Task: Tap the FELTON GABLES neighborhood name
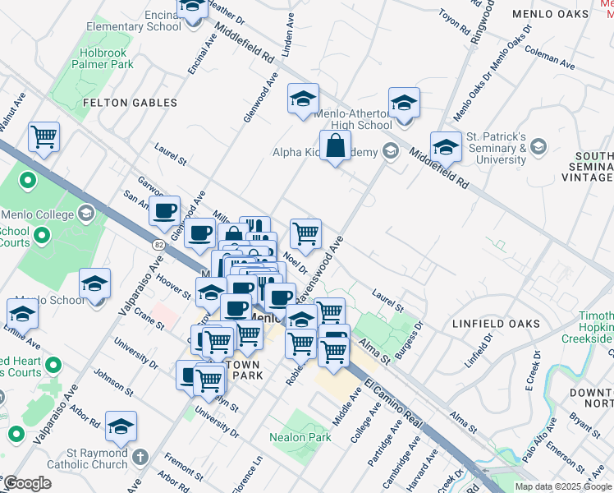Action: pos(131,103)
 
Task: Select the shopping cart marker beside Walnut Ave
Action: pos(44,136)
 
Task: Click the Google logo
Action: pos(26,483)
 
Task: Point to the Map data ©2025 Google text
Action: pos(564,486)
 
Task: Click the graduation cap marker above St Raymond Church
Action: pos(121,426)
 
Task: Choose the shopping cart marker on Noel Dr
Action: pos(305,233)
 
